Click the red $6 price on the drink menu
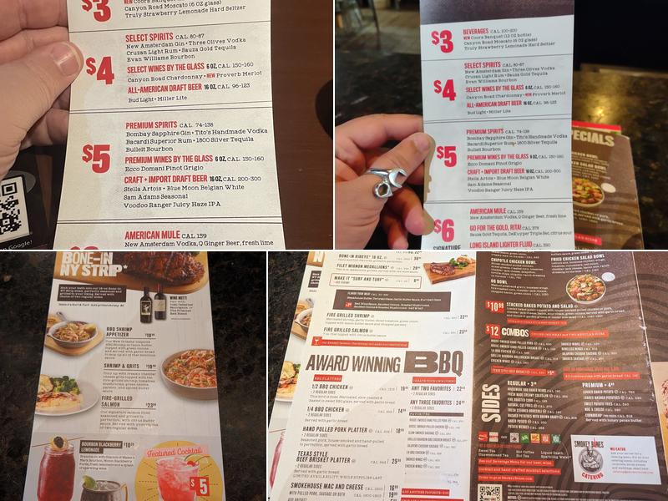pyautogui.click(x=443, y=229)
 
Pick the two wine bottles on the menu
pyautogui.click(x=153, y=306)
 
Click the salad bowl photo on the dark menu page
pyautogui.click(x=586, y=286)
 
